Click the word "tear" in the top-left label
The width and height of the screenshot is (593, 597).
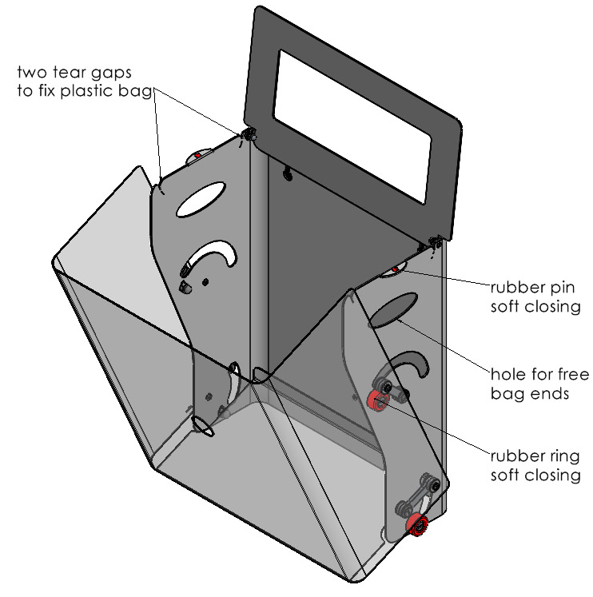[x=66, y=74]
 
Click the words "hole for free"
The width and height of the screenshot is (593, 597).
[x=535, y=375]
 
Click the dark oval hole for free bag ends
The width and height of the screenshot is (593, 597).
[x=393, y=308]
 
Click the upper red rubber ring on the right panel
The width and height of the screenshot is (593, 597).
[x=375, y=400]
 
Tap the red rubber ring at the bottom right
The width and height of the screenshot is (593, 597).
[x=416, y=525]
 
